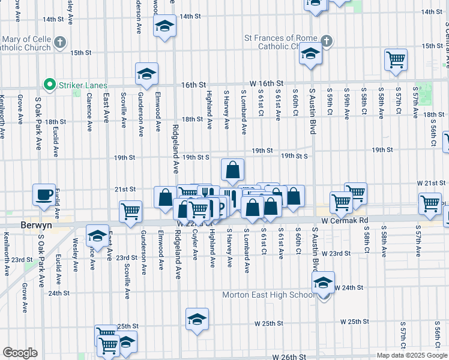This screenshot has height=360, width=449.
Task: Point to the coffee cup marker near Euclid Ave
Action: (x=44, y=194)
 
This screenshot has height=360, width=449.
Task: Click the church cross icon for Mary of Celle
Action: (x=59, y=42)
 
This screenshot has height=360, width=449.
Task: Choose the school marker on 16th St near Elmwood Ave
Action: (x=146, y=74)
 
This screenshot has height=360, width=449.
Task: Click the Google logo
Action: (x=20, y=353)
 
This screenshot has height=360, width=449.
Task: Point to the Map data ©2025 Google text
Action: (x=411, y=355)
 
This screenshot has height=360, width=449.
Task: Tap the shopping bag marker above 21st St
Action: (x=232, y=170)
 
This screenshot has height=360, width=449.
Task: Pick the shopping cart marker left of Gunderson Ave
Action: (x=130, y=211)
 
